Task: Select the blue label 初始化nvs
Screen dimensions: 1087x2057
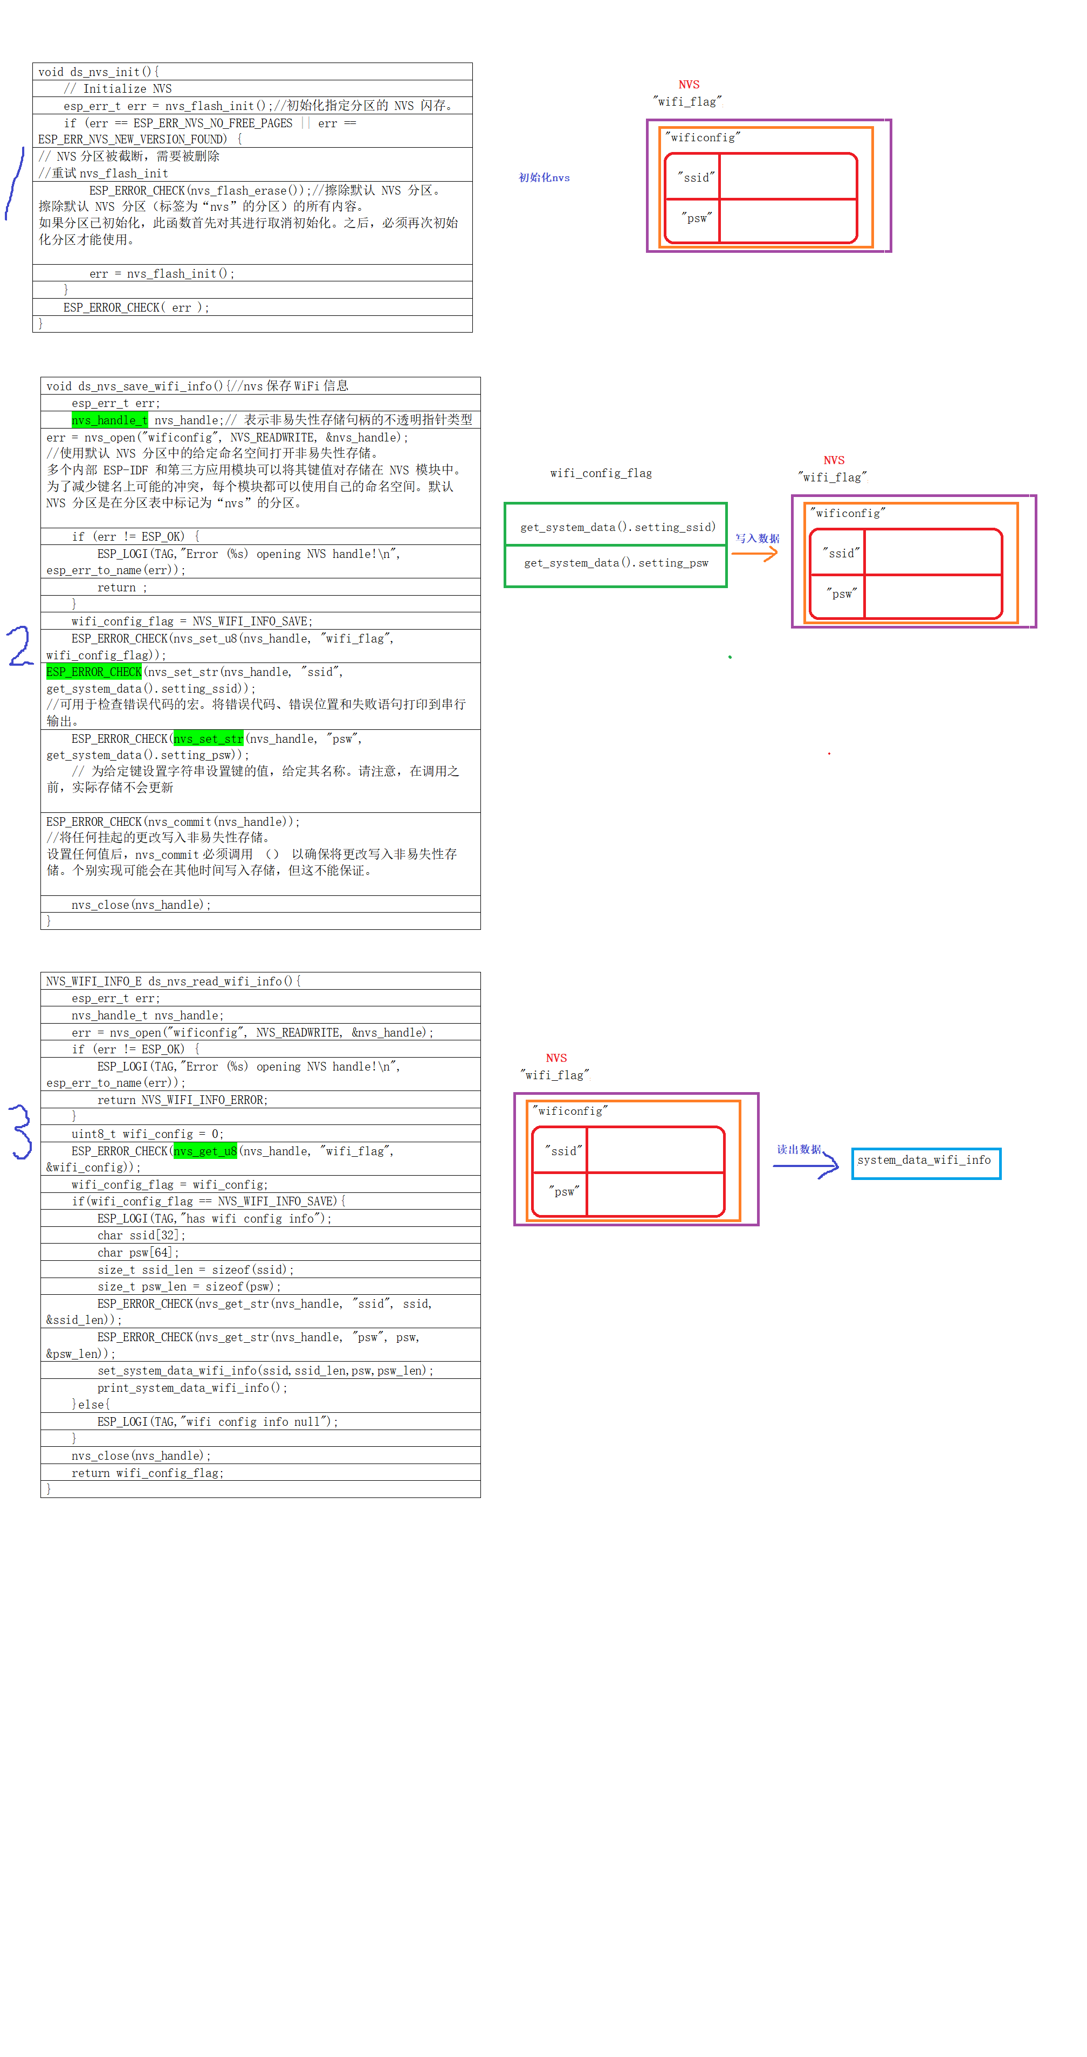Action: click(x=544, y=177)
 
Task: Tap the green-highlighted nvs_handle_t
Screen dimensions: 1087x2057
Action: click(x=109, y=420)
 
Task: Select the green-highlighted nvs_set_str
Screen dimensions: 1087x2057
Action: click(x=209, y=738)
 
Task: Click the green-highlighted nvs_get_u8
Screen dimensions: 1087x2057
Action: click(x=205, y=1151)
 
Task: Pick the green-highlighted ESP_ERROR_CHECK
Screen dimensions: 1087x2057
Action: click(x=93, y=672)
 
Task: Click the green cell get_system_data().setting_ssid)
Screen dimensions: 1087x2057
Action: click(x=617, y=527)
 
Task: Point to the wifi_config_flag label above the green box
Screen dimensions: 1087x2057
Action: click(x=601, y=473)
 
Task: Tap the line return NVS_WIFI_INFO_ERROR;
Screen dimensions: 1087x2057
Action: click(x=182, y=1100)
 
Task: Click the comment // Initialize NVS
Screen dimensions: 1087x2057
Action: click(x=118, y=88)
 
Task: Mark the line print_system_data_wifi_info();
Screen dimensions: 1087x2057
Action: click(x=192, y=1388)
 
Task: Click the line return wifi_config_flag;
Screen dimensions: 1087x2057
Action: click(x=147, y=1473)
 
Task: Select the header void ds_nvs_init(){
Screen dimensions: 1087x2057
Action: click(x=98, y=72)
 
